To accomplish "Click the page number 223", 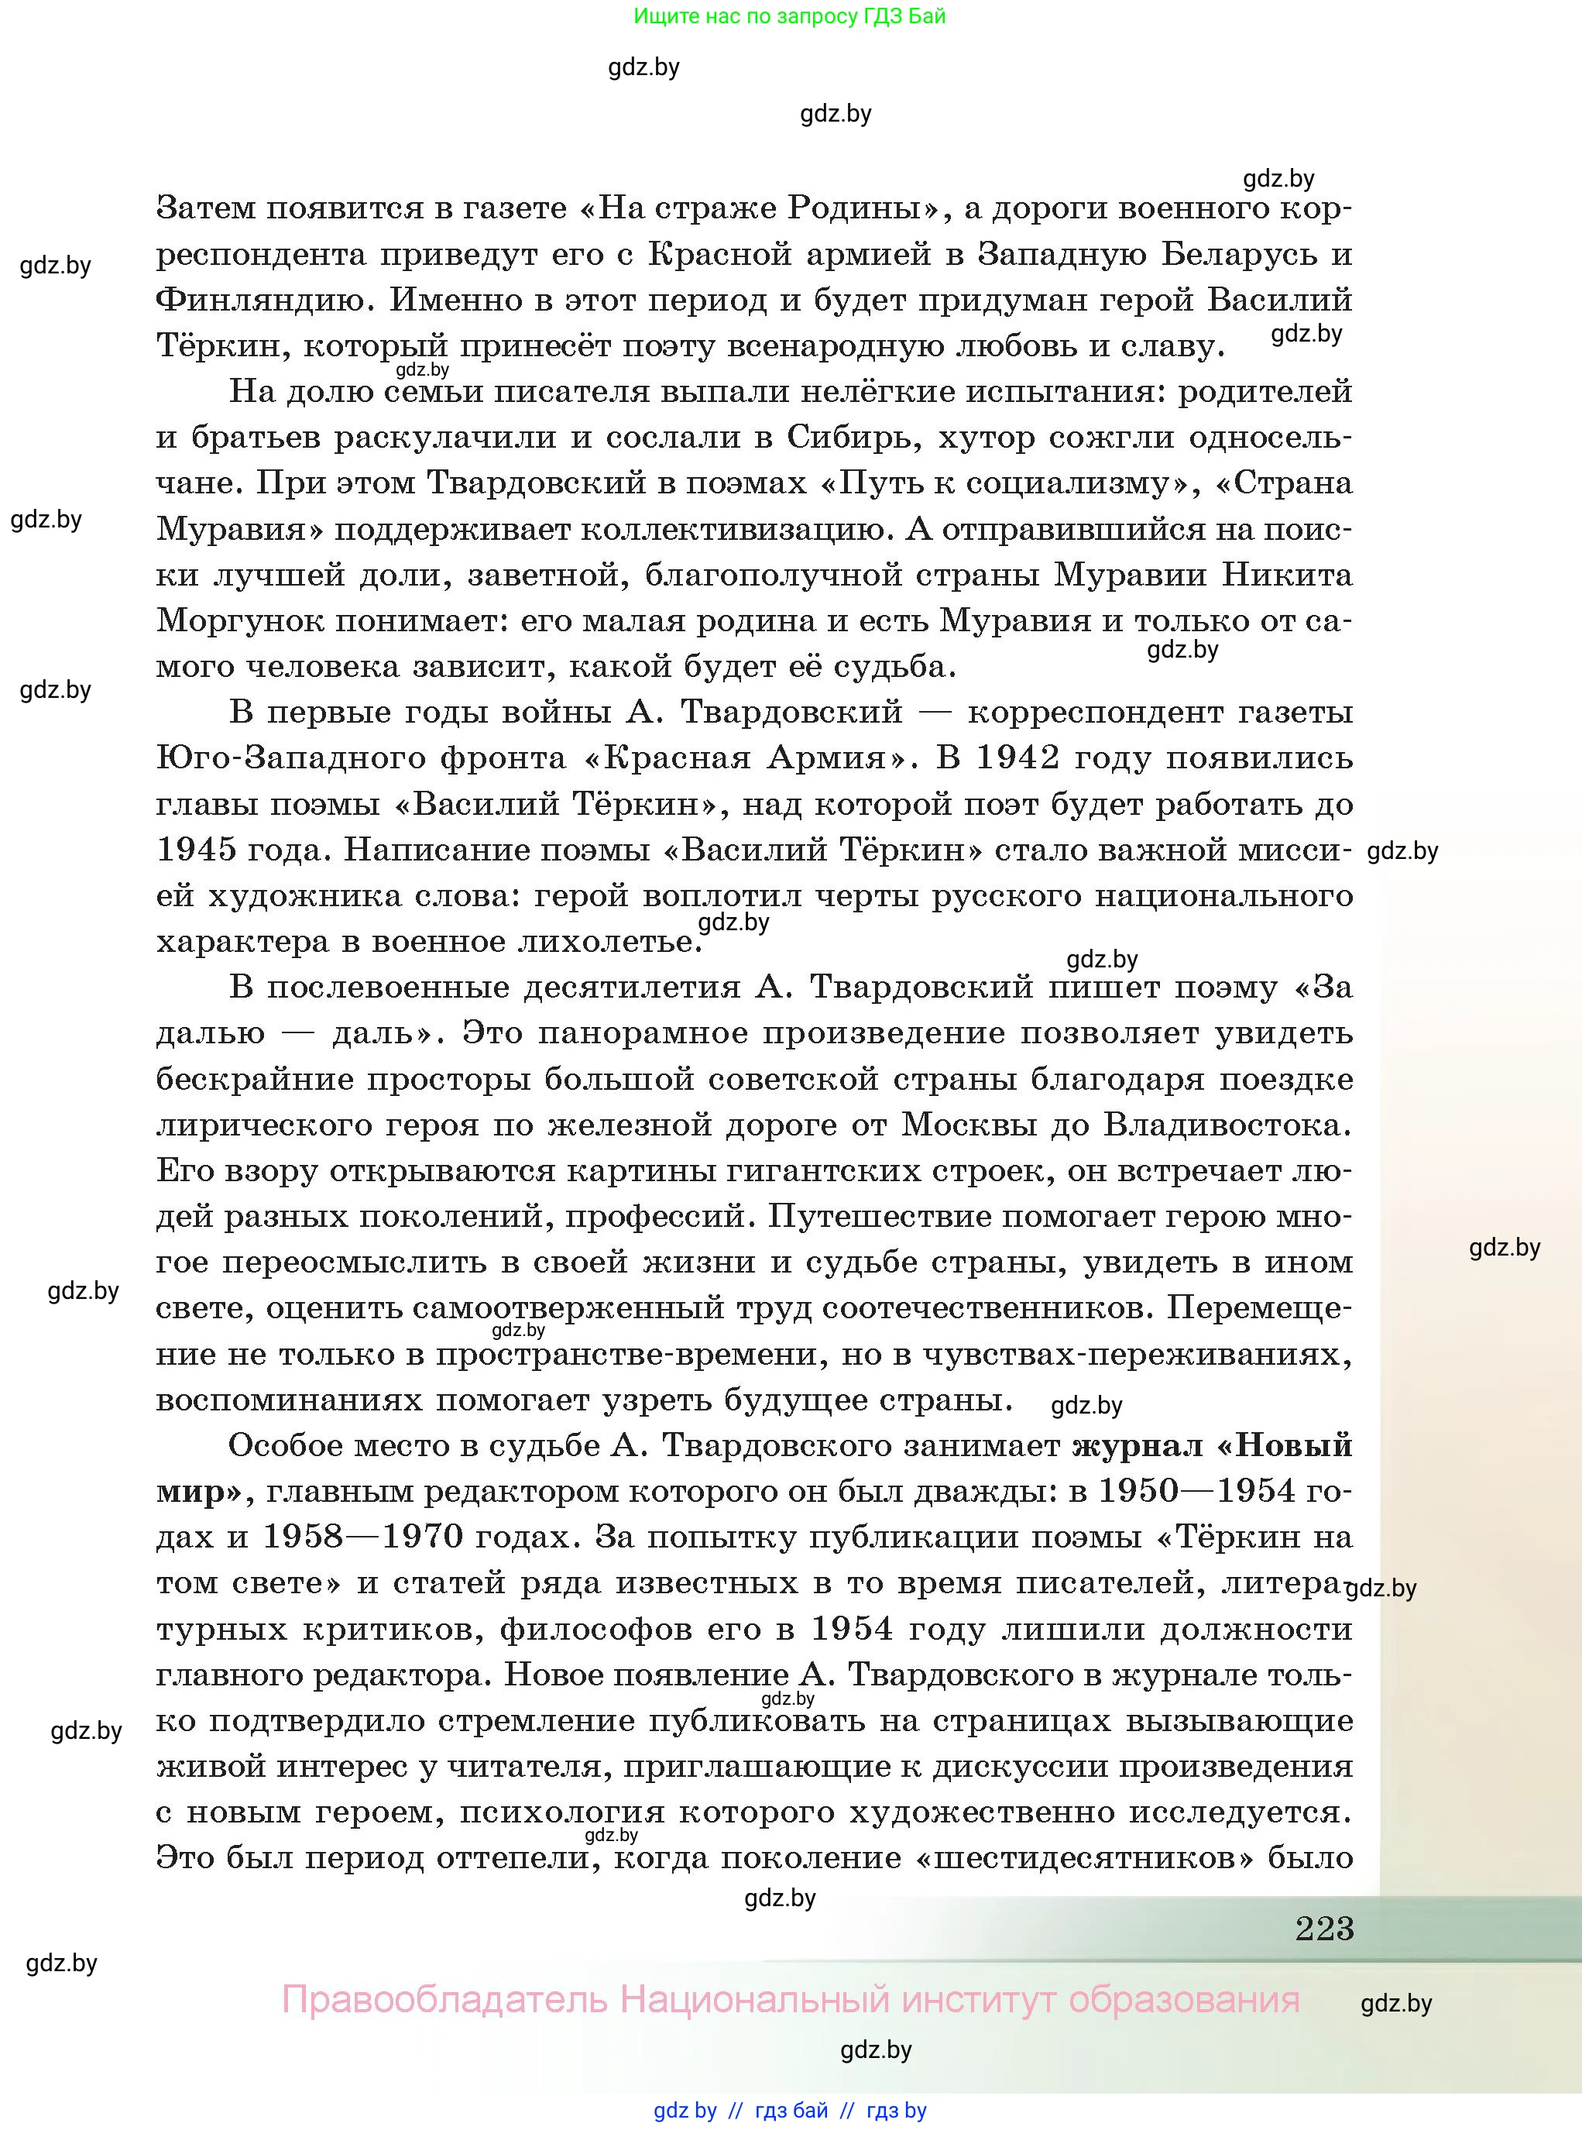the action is click(1324, 1927).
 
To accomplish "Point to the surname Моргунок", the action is click(235, 621).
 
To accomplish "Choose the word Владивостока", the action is click(1227, 1125).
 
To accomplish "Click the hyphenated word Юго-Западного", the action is click(287, 758).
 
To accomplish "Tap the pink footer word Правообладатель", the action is click(444, 2000).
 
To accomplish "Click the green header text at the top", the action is click(789, 16).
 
